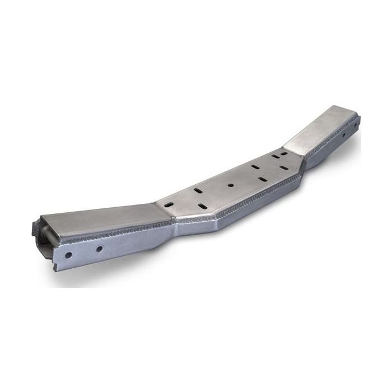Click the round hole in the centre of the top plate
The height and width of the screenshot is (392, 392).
[x=230, y=184]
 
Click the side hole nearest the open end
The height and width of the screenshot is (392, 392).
[x=68, y=255]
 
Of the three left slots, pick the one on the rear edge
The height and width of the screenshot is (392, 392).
[x=198, y=191]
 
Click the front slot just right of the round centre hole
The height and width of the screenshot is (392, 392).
[x=262, y=180]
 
